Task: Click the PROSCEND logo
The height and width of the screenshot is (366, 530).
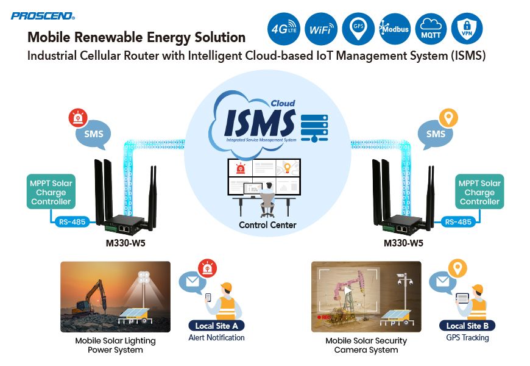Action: click(x=42, y=15)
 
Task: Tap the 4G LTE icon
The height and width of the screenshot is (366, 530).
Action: click(x=284, y=28)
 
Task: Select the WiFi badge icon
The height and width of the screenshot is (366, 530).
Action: click(x=320, y=28)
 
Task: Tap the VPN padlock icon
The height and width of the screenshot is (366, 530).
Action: click(x=467, y=28)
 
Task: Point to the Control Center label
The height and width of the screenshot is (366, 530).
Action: click(x=267, y=225)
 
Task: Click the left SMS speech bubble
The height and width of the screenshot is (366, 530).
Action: click(x=93, y=135)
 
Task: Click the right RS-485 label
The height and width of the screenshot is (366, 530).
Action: click(x=458, y=222)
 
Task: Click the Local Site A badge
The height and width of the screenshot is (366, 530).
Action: click(x=216, y=325)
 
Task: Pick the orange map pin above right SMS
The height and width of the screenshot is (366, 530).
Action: click(x=448, y=115)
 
